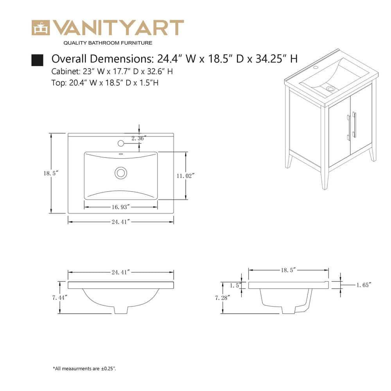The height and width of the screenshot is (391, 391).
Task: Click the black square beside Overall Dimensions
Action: (37, 60)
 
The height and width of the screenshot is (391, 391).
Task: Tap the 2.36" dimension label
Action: (139, 138)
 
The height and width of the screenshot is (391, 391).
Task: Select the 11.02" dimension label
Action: (185, 176)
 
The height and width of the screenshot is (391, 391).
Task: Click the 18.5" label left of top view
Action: (51, 173)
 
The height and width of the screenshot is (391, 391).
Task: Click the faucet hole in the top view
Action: (120, 143)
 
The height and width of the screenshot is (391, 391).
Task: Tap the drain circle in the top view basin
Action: (121, 172)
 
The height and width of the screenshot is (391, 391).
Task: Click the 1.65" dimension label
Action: (363, 285)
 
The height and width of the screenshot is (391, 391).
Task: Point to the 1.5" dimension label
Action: (235, 285)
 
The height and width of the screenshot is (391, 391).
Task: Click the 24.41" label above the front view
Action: (120, 272)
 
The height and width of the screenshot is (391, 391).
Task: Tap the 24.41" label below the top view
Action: (120, 222)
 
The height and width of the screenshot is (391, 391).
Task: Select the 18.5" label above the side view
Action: (288, 270)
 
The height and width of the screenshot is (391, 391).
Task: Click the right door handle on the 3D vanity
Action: (354, 125)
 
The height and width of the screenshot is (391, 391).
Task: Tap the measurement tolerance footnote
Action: (84, 368)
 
